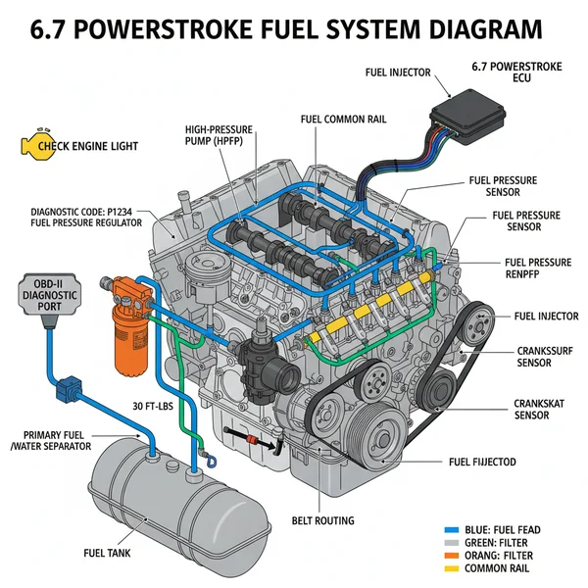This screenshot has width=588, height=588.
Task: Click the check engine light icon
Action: pos(33,147)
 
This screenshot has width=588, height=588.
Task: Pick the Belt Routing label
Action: pos(322,520)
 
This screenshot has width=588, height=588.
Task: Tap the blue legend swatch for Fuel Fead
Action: pos(452,530)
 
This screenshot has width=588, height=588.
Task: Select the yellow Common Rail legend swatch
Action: pos(452,567)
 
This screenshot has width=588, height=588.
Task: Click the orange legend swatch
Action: pos(452,555)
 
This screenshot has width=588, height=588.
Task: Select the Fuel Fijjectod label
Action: pos(482,462)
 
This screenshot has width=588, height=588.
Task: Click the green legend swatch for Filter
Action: pos(452,542)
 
